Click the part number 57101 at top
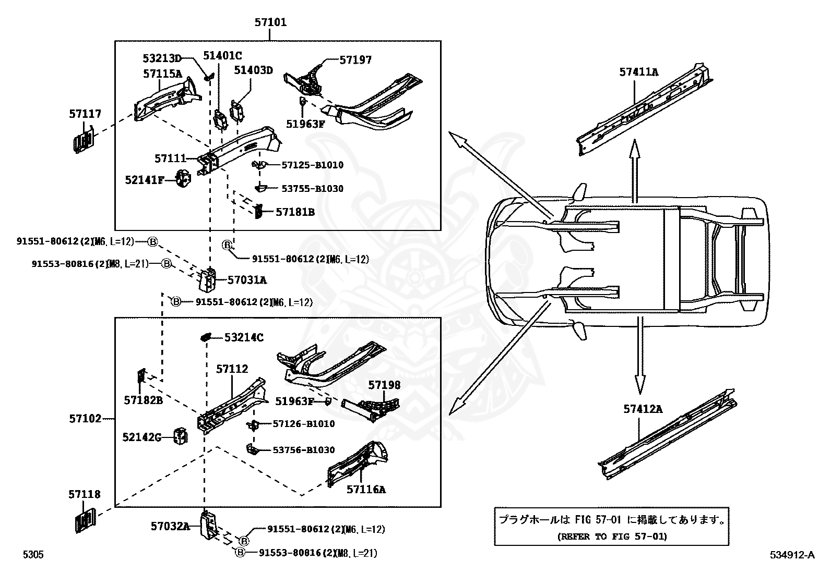point(270,22)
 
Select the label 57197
point(355,60)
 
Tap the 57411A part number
point(639,72)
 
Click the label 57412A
point(643,409)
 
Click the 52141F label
point(145,180)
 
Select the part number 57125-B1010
point(312,165)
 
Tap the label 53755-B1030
point(312,188)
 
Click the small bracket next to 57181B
point(258,212)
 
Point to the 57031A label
point(247,280)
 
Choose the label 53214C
point(244,337)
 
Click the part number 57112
point(232,369)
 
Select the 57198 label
point(384,385)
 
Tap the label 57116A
point(366,489)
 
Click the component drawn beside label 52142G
point(180,437)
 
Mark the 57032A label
point(170,526)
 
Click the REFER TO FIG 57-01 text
point(612,536)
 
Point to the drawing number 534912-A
point(791,555)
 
